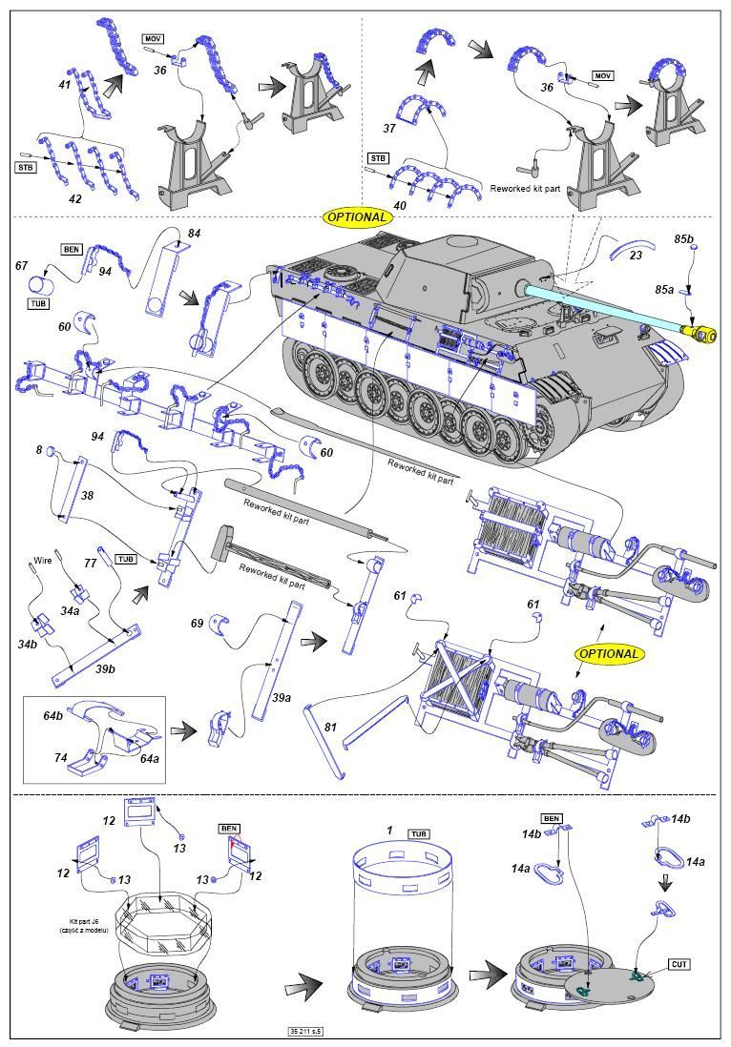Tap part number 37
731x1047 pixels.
pos(389,128)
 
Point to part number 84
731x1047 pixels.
pos(194,234)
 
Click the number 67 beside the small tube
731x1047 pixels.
pos(22,266)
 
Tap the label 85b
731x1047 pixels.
pos(683,237)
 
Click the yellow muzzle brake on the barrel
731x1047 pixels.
pos(700,333)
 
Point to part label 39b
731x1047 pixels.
pos(105,668)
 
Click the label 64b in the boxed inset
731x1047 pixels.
pos(52,715)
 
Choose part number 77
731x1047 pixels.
pos(90,564)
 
